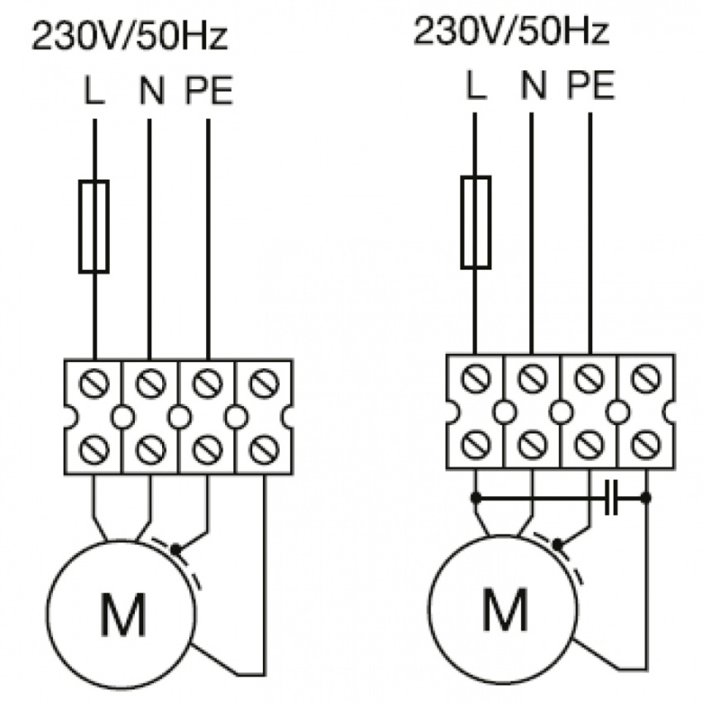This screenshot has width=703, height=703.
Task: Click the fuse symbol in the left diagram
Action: [93, 226]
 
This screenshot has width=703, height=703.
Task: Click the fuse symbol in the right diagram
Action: [476, 221]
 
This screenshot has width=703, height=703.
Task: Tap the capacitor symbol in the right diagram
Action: [611, 498]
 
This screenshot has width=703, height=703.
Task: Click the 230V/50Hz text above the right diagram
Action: [511, 33]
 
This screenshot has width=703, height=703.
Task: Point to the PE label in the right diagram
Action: [591, 85]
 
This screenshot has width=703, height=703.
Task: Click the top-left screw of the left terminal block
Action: [93, 384]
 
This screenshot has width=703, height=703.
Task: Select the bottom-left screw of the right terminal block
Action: [476, 446]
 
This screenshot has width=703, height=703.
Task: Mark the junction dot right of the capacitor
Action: [646, 498]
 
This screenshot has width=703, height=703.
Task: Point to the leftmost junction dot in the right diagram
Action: [476, 498]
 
